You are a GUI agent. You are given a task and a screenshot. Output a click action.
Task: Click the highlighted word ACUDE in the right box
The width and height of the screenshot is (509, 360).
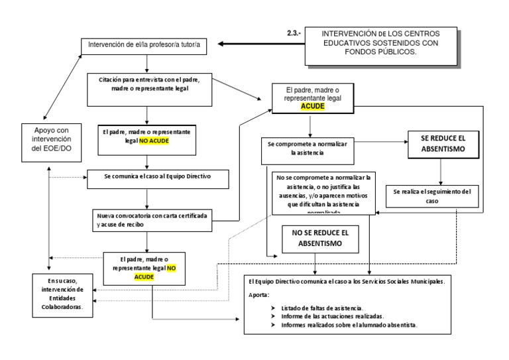(312, 105)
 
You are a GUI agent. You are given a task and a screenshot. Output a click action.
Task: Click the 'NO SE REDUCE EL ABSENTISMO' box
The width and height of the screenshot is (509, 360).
(315, 238)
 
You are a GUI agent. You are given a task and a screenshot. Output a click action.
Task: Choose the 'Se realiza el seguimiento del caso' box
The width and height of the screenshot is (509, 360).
(431, 196)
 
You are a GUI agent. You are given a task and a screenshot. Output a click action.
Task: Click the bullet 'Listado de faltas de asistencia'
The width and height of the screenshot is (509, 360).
(321, 308)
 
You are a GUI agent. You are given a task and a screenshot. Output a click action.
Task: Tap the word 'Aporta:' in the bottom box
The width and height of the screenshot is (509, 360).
(259, 294)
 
